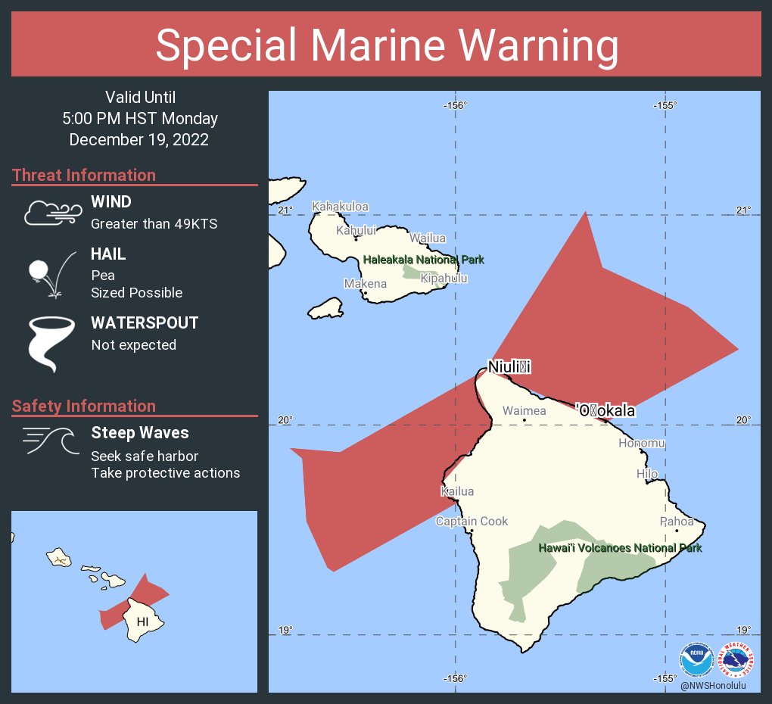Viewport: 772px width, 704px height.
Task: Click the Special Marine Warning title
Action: pyautogui.click(x=386, y=45)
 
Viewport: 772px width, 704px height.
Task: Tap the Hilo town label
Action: pyautogui.click(x=647, y=474)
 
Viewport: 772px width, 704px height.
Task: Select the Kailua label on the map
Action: pyautogui.click(x=457, y=491)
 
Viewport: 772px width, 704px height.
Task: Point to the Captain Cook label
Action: pyautogui.click(x=472, y=522)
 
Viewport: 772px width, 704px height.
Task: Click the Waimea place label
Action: pyautogui.click(x=524, y=411)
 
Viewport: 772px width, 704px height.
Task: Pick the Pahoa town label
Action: pyautogui.click(x=676, y=522)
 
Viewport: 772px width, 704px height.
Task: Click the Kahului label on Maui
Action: pyautogui.click(x=356, y=230)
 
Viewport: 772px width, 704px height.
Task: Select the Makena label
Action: pyautogui.click(x=365, y=284)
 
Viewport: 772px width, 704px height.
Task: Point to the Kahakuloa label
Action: pyautogui.click(x=340, y=207)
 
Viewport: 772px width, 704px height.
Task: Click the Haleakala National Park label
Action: pyautogui.click(x=423, y=260)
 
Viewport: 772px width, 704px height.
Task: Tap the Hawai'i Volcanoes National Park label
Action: pyautogui.click(x=620, y=548)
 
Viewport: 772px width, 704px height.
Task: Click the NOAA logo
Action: pyautogui.click(x=696, y=659)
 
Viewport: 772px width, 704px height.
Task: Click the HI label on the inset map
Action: pyautogui.click(x=142, y=621)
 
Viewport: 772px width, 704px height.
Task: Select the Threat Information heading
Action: pyautogui.click(x=84, y=175)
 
